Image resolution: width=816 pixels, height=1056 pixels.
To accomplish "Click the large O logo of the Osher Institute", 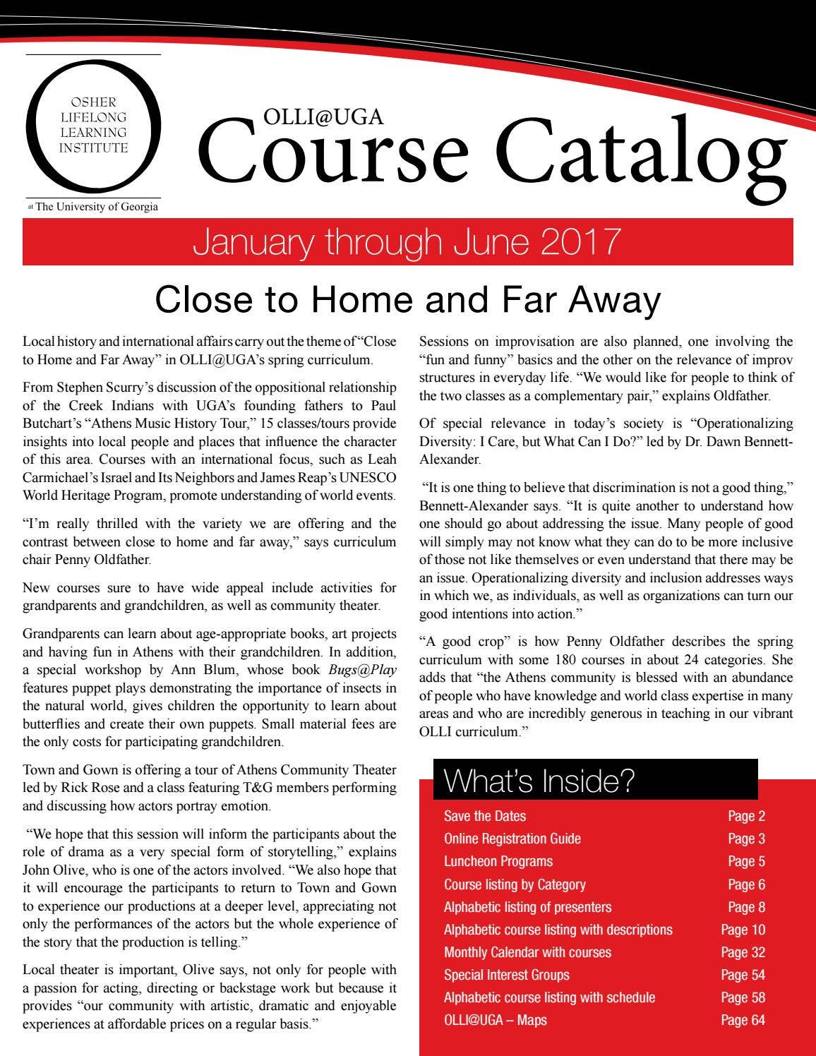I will (92, 126).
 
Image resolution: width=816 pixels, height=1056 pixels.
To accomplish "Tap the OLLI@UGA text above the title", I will (323, 116).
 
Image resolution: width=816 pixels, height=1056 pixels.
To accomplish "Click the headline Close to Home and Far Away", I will (407, 299).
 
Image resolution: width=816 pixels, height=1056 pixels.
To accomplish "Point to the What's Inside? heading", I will (539, 781).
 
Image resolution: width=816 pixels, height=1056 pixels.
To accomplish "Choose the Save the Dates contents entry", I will (485, 816).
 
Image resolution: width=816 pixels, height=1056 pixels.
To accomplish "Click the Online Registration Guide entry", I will (512, 839).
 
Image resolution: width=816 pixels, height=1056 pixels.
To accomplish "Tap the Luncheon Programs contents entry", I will (498, 861).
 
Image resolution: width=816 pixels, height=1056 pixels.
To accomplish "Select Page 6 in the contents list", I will (746, 884).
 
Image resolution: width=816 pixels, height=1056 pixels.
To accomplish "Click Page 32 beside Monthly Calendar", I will (743, 952).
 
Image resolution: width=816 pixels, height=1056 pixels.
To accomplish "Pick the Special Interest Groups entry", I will (506, 975).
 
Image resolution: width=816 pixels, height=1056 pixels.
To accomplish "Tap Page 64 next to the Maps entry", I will (743, 1020).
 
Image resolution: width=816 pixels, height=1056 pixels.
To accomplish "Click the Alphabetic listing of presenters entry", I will (527, 907).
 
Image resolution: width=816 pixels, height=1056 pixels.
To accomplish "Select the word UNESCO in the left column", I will (364, 477).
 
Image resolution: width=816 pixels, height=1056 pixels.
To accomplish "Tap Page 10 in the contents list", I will (743, 930).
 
